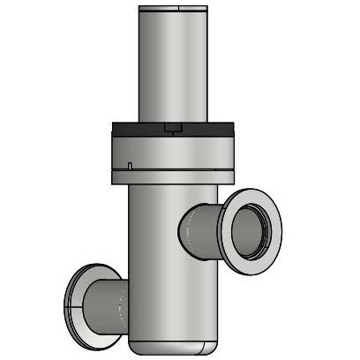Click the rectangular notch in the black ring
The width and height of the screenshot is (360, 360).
173,129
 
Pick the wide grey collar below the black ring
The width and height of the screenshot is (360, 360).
173,150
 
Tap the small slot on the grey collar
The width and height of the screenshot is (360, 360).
130,165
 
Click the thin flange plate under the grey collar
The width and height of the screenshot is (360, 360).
173,176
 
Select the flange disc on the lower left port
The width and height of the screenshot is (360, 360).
74,300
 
